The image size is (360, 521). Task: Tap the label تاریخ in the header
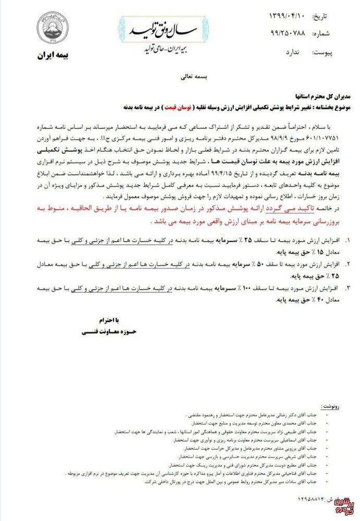tap(321, 17)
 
